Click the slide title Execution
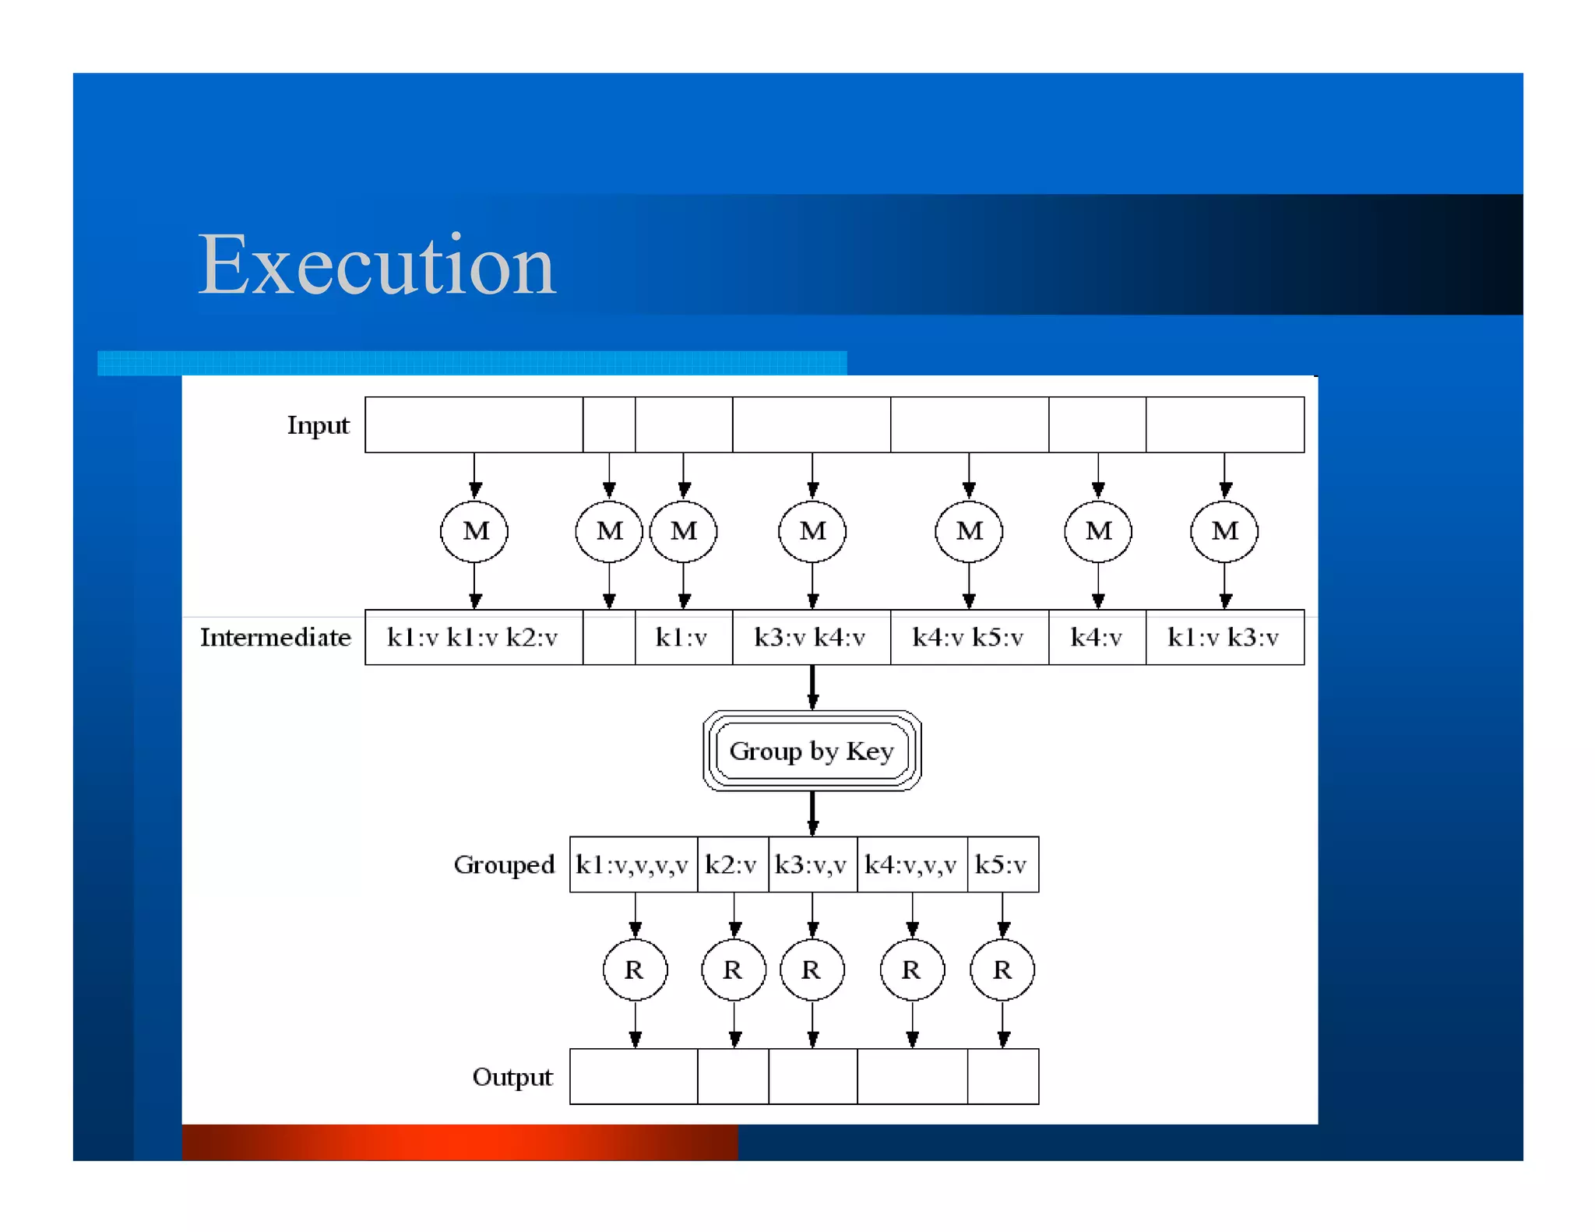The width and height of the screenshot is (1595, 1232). point(377,266)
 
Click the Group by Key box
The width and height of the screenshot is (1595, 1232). point(812,751)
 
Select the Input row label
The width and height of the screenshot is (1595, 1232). point(318,425)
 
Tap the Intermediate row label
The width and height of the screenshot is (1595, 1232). point(275,638)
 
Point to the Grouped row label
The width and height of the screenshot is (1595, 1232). point(504,864)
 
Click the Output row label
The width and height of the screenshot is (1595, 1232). point(512,1077)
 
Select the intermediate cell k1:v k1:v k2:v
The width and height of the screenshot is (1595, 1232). point(473,638)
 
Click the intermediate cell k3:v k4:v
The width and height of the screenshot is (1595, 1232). point(810,638)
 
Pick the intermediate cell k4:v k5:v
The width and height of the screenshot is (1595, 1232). point(968,638)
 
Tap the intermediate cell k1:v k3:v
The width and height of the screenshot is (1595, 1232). point(1224,638)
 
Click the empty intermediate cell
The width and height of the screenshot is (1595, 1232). point(608,638)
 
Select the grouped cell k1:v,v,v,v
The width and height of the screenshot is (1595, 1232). point(632,864)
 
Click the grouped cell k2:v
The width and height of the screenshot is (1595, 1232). point(731,864)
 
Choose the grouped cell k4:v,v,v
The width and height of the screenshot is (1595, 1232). point(910,864)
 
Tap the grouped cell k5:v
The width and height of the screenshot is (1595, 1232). point(1002,864)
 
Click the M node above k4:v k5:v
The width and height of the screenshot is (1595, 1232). point(969,531)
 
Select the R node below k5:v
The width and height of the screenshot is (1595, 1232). point(1002,970)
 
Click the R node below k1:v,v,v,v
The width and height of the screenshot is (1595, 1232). point(635,970)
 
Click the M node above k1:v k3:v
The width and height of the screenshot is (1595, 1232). point(1224,531)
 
